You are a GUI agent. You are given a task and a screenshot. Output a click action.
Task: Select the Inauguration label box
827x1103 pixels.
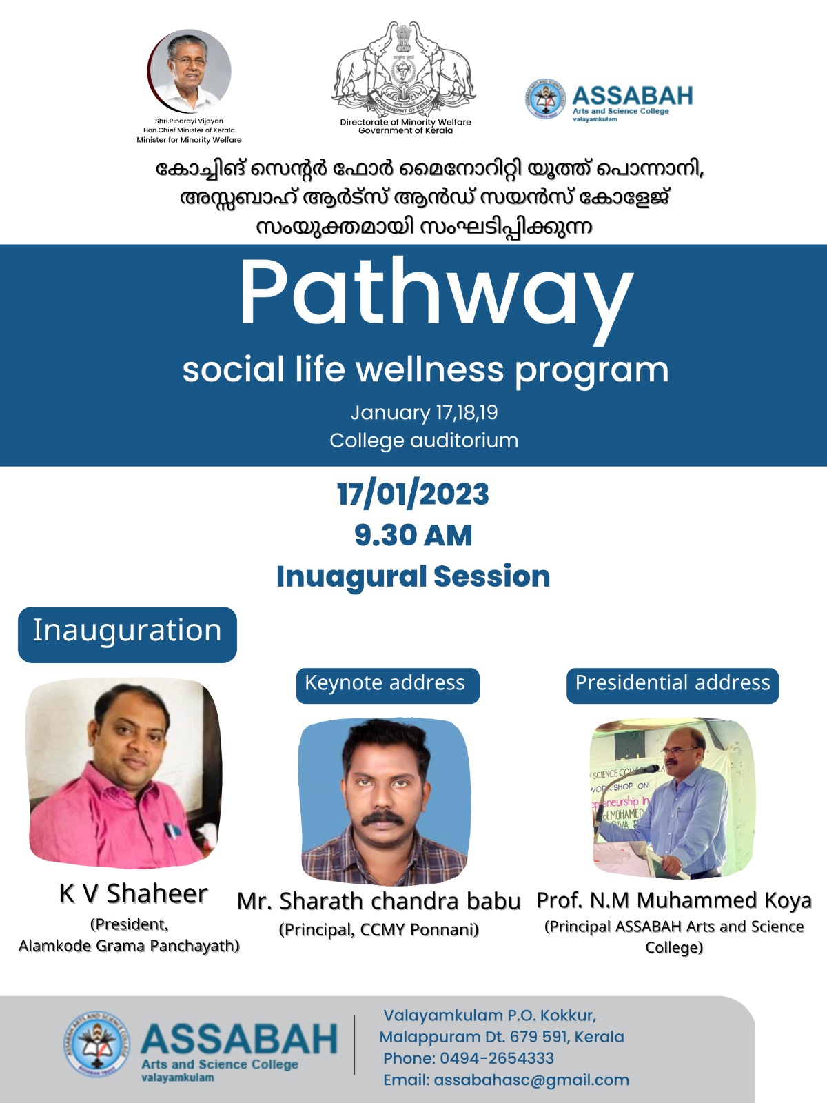(x=127, y=634)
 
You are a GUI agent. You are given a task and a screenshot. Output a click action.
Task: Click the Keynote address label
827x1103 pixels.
(x=387, y=685)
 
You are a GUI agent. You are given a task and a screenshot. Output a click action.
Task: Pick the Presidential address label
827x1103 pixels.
(x=673, y=685)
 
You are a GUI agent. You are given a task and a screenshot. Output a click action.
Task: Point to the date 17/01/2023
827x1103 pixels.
(x=413, y=494)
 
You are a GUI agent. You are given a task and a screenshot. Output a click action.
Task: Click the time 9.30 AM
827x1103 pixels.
(x=413, y=535)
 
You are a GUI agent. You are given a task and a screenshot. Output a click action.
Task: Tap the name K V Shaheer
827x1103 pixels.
(x=133, y=894)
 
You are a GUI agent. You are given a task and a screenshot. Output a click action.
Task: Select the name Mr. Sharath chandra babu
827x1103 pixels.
(x=378, y=902)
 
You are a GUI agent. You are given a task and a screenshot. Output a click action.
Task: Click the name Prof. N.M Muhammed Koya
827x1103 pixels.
(x=674, y=900)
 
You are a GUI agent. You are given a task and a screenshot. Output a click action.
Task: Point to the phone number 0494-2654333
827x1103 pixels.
(x=497, y=1058)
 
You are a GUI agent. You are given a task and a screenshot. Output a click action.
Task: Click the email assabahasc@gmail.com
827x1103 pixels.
(x=531, y=1080)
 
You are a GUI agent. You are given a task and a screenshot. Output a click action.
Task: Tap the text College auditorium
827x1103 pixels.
(x=424, y=441)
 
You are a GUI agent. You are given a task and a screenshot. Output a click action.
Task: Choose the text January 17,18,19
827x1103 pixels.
(x=424, y=412)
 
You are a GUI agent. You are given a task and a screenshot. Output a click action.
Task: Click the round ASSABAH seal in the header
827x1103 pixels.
(x=545, y=99)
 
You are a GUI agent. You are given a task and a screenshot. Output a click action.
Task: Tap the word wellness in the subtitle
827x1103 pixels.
(x=430, y=370)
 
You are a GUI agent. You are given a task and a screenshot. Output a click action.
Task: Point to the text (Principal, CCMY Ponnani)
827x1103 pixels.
(x=378, y=930)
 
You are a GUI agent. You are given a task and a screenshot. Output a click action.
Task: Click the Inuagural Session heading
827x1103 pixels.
(x=413, y=576)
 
